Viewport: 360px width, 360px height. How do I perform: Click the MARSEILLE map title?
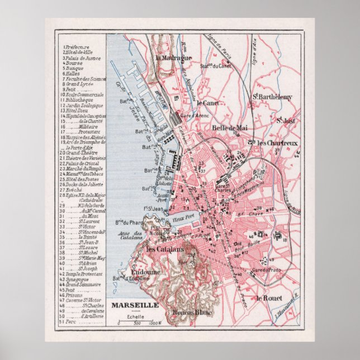(135, 306)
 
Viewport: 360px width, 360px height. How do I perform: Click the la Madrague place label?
(174, 58)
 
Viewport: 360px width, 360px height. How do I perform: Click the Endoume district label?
(146, 272)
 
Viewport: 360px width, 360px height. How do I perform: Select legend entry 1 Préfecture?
(76, 48)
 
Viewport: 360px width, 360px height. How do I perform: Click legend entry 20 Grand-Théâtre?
(81, 152)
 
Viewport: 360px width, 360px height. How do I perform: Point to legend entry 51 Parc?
(71, 322)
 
